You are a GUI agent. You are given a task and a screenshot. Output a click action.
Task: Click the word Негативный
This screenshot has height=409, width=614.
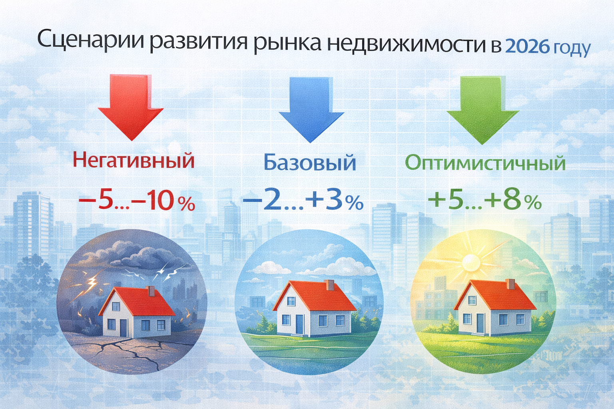pyautogui.click(x=134, y=161)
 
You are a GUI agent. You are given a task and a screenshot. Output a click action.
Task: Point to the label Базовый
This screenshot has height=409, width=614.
pyautogui.click(x=310, y=163)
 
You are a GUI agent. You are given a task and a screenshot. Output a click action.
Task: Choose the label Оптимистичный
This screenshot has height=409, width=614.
pyautogui.click(x=485, y=163)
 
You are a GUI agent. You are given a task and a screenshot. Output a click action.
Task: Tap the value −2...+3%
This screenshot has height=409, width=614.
pyautogui.click(x=303, y=202)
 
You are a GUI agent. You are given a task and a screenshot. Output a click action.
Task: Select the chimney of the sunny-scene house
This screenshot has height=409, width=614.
pyautogui.click(x=510, y=284)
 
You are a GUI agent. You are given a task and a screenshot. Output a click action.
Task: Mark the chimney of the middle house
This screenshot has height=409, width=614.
pyautogui.click(x=330, y=285)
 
